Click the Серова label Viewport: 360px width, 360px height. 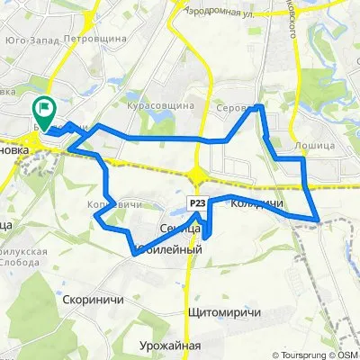click(235, 108)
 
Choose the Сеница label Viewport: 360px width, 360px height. click(176, 228)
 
